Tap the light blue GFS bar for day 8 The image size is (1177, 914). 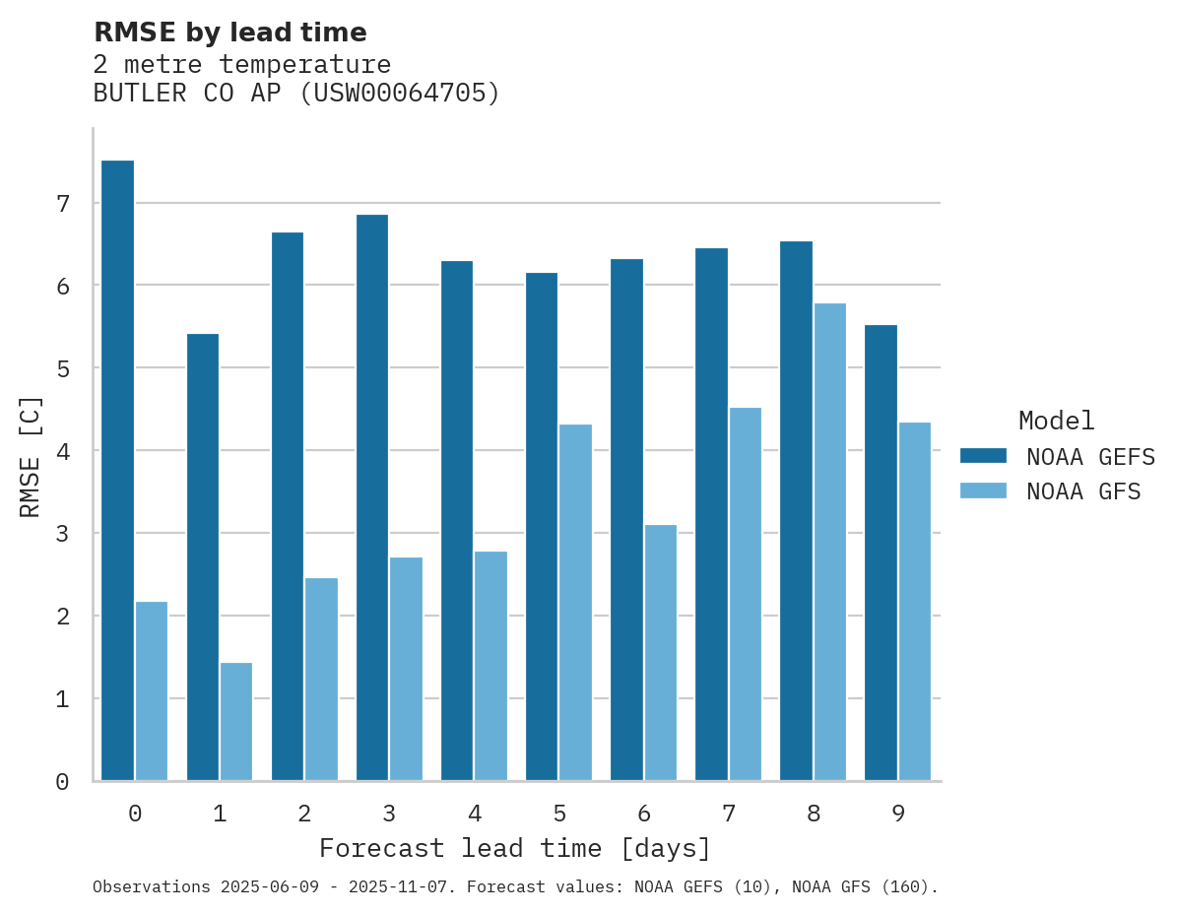(829, 542)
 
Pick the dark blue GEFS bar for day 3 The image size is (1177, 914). (371, 497)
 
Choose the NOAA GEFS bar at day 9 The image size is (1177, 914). (881, 553)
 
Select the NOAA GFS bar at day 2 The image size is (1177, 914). (321, 680)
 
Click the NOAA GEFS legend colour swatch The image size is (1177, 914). (983, 455)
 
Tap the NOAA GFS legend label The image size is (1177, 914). (1083, 490)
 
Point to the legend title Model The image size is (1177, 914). (1056, 421)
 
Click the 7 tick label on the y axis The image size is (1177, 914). (62, 204)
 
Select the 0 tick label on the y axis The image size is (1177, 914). (62, 782)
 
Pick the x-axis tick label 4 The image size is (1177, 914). (475, 814)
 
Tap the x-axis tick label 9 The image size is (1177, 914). (898, 814)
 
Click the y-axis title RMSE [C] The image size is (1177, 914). (32, 456)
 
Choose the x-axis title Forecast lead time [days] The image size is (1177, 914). (514, 848)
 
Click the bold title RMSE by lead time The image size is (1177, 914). (229, 33)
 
